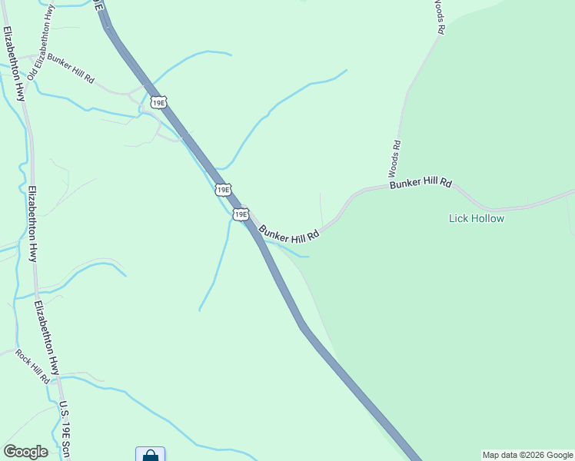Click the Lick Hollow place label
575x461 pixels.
[x=477, y=219]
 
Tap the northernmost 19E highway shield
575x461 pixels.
[x=158, y=102]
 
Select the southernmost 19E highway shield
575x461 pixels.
[x=241, y=214]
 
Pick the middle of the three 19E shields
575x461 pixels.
[x=223, y=189]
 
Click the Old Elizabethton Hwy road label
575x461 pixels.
[x=42, y=42]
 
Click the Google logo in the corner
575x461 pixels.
[x=25, y=452]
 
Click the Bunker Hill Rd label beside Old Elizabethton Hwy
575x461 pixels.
[x=70, y=68]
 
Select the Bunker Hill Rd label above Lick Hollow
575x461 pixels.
[x=420, y=184]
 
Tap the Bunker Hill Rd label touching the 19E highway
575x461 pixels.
[x=289, y=232]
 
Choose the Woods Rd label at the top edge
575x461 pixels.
[x=438, y=17]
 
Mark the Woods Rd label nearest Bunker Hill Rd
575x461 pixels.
[x=394, y=158]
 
